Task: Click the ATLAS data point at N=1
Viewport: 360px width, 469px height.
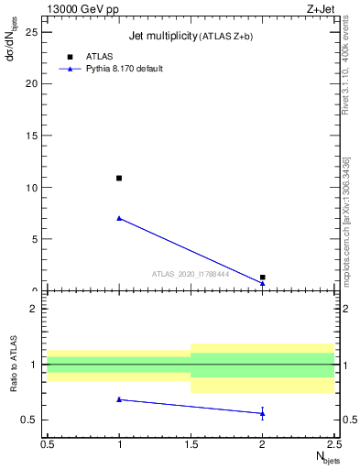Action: pos(119,178)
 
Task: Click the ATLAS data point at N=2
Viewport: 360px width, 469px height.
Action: pos(262,277)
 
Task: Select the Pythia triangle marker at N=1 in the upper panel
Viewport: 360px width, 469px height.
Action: pos(119,218)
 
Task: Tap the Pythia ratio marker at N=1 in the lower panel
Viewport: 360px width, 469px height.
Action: pos(119,399)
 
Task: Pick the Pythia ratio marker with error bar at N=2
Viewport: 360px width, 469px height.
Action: pos(262,413)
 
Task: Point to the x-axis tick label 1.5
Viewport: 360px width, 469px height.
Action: pos(191,444)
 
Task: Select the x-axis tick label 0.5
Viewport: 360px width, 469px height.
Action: pos(48,444)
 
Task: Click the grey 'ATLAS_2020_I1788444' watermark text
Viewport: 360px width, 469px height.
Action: pos(191,274)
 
